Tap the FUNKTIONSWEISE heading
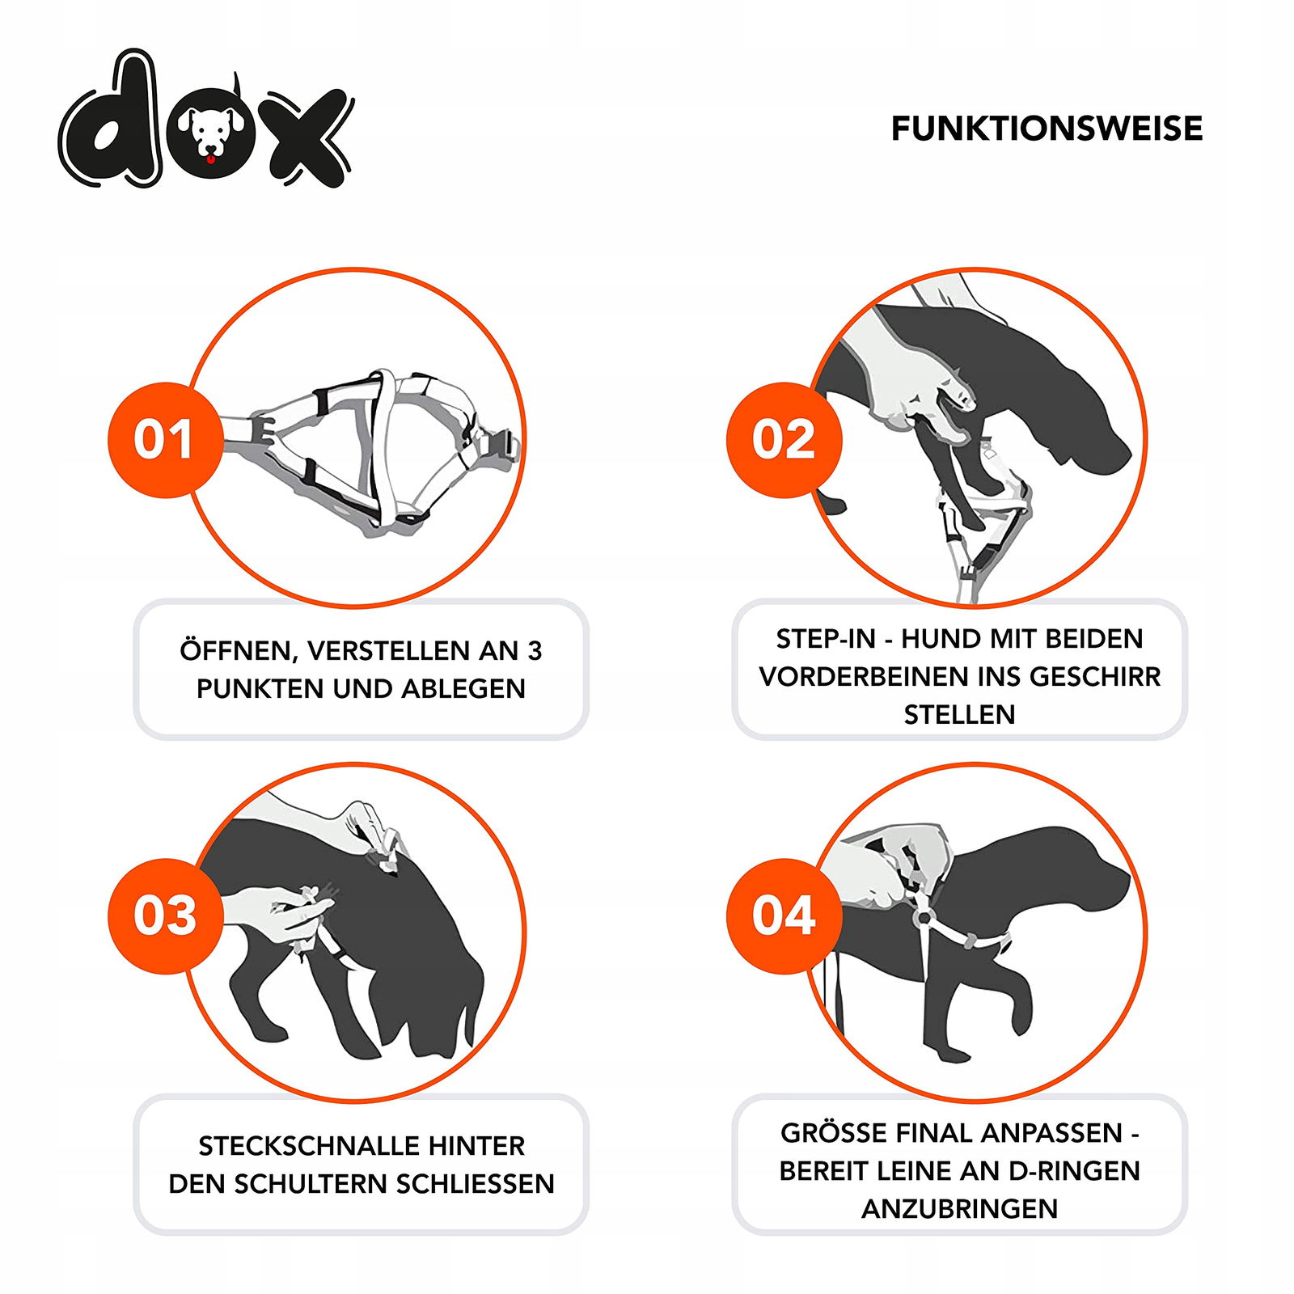tap(1047, 129)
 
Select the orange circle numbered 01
tap(165, 439)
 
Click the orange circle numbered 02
tap(784, 439)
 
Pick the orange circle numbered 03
tap(165, 916)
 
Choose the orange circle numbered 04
tap(784, 916)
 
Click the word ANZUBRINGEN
tap(959, 1209)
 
